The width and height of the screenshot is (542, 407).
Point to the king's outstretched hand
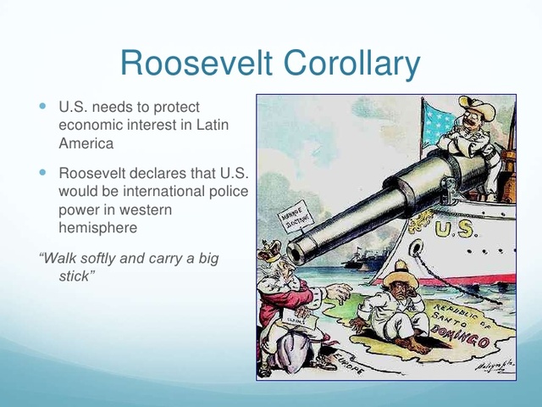[338, 294]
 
